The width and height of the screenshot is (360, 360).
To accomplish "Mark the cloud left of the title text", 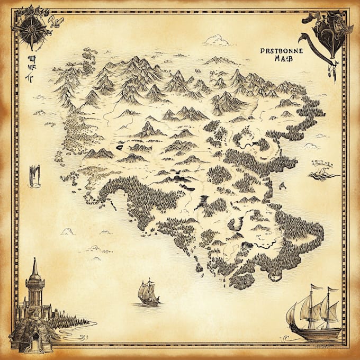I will click(x=217, y=40).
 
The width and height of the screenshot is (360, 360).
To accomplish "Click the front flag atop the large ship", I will click(x=316, y=287).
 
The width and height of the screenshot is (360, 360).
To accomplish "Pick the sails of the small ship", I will click(x=146, y=289).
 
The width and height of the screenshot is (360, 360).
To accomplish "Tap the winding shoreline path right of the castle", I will click(x=79, y=328).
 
